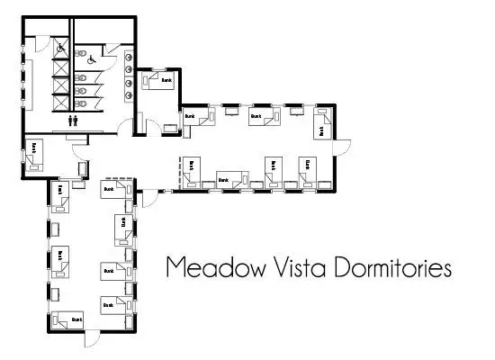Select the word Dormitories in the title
(395, 268)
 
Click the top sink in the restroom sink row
(132, 50)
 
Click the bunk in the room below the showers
(33, 153)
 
